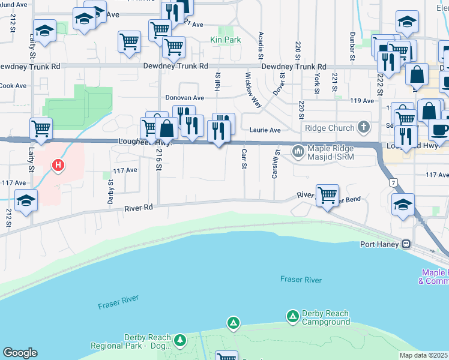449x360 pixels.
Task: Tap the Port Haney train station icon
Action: click(x=406, y=244)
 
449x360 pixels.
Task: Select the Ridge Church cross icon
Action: click(x=363, y=127)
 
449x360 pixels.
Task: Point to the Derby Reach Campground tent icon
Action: click(x=292, y=315)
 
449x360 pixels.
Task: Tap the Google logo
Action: click(x=20, y=353)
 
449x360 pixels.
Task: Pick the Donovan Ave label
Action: click(x=185, y=97)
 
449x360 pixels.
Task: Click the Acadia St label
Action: click(x=261, y=45)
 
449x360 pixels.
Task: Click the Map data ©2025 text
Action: click(x=424, y=355)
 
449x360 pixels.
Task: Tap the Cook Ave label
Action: click(x=13, y=86)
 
